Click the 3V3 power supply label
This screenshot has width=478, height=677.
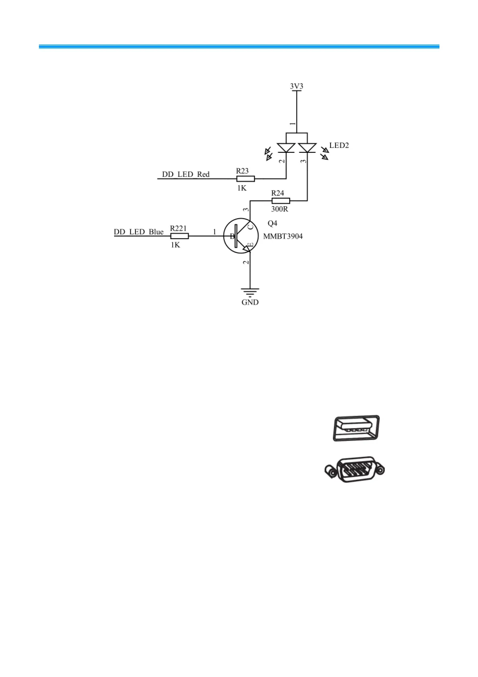coord(296,86)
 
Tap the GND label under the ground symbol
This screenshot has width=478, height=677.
coord(250,302)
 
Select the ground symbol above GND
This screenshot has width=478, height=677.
coord(250,291)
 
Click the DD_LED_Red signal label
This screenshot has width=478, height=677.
coord(186,174)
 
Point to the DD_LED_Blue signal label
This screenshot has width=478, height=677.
coord(139,232)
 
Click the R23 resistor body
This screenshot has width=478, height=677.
coord(245,178)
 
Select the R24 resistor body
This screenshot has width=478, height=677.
coord(280,200)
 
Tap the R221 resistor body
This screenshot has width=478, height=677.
coord(179,236)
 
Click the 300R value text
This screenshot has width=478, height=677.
coord(280,209)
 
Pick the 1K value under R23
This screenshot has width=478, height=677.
coord(241,188)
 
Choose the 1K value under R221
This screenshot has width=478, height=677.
coord(175,245)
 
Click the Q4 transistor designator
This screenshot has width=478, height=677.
coord(272,224)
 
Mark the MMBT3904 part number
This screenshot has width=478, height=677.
coord(283,236)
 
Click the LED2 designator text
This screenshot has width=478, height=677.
coord(339,146)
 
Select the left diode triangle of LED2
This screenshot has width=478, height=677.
coord(286,148)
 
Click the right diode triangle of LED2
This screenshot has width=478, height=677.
coord(307,148)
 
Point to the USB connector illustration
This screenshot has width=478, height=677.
coord(356,428)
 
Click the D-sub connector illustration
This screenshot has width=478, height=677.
coord(355,469)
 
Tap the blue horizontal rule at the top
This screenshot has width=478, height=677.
coord(239,47)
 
